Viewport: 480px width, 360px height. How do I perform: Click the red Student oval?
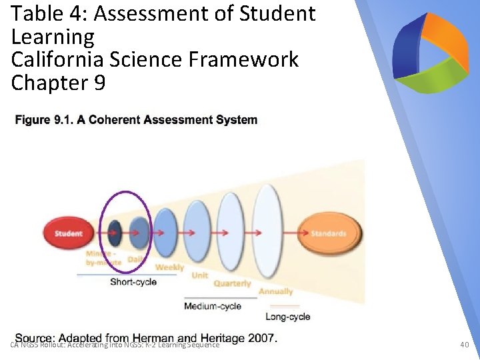(68, 233)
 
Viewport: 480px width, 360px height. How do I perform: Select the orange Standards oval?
(329, 233)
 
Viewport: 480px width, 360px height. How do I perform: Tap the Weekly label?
(169, 267)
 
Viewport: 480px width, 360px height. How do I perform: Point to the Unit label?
(199, 275)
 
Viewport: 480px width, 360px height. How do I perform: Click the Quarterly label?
(232, 283)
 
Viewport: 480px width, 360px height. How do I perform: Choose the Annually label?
(275, 291)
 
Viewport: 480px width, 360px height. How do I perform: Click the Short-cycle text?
(133, 282)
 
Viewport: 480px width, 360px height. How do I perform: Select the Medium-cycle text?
(213, 306)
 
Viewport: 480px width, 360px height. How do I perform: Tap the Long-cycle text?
(287, 317)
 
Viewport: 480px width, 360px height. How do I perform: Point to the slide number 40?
(465, 345)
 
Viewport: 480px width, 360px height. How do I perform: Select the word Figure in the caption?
(32, 120)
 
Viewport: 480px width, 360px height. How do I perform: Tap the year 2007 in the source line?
(263, 338)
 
